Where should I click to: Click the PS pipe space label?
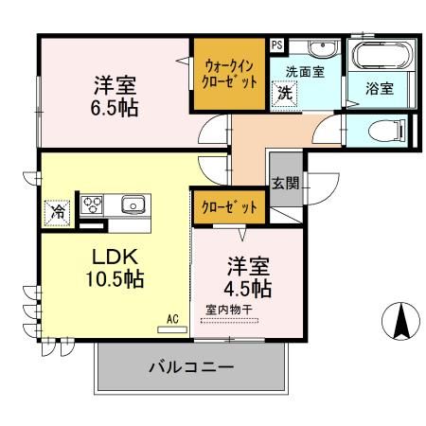277,44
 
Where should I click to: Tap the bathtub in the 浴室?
382,55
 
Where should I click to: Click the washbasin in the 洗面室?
323,48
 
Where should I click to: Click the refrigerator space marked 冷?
57,213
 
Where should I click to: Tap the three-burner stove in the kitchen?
92,204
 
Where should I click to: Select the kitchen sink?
133,204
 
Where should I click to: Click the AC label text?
172,319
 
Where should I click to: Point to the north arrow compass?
400,321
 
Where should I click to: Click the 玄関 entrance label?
286,183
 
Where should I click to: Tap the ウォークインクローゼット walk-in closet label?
229,75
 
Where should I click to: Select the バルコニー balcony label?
191,367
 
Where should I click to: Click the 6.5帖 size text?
115,108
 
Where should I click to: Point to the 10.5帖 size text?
115,279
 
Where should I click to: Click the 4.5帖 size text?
248,288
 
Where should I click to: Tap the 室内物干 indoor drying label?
229,310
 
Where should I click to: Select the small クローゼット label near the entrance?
229,207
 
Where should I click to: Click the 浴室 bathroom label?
380,89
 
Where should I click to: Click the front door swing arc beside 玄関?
330,192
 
